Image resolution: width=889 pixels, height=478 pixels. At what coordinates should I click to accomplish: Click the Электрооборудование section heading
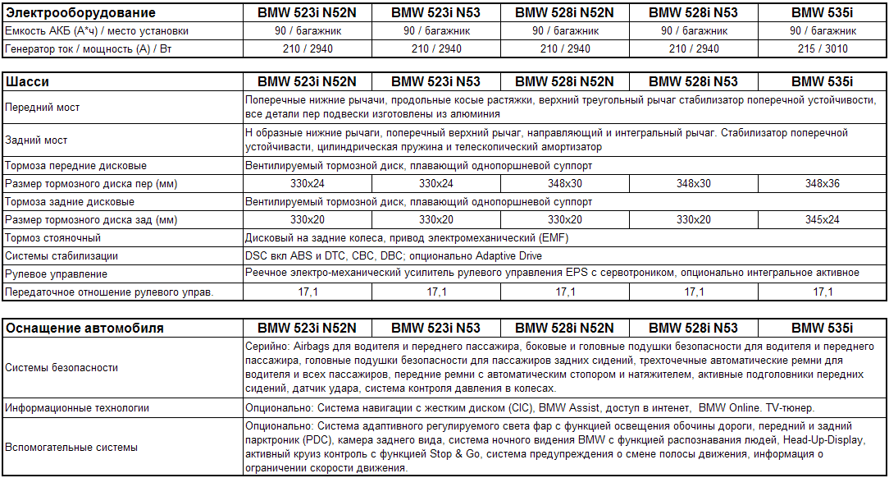click(80, 13)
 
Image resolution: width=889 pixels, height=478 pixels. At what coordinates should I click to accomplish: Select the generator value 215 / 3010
click(823, 48)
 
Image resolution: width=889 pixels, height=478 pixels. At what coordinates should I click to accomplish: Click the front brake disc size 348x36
click(823, 183)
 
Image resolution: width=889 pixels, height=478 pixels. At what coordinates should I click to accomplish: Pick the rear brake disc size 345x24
click(823, 220)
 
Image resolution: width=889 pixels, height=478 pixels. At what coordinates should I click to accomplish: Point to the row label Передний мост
click(43, 108)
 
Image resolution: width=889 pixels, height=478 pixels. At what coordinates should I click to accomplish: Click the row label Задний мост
click(36, 140)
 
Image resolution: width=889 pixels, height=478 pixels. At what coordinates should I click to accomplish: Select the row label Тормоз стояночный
click(53, 238)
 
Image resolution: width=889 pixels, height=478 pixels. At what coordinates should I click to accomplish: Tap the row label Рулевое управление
click(56, 274)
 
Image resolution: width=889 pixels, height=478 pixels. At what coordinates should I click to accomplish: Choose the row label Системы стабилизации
click(62, 256)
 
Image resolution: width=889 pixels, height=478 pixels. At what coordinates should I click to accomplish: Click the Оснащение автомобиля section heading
click(84, 329)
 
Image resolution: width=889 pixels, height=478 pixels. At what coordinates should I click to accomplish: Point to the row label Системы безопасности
click(62, 368)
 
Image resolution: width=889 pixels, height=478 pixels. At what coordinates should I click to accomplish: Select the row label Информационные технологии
click(77, 407)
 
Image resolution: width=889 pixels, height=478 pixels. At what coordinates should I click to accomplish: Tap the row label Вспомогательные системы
click(72, 448)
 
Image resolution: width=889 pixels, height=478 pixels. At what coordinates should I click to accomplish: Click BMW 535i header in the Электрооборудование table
click(823, 13)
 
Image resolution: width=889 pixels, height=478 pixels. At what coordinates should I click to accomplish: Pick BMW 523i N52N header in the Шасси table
click(307, 82)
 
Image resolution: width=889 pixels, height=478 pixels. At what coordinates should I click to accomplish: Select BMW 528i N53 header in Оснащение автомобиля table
click(694, 329)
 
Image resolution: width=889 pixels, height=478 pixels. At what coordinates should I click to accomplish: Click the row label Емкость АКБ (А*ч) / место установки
click(97, 31)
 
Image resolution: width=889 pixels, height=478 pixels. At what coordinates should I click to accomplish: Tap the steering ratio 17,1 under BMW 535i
click(823, 292)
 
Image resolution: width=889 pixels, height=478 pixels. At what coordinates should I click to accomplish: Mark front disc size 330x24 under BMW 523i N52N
click(307, 183)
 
